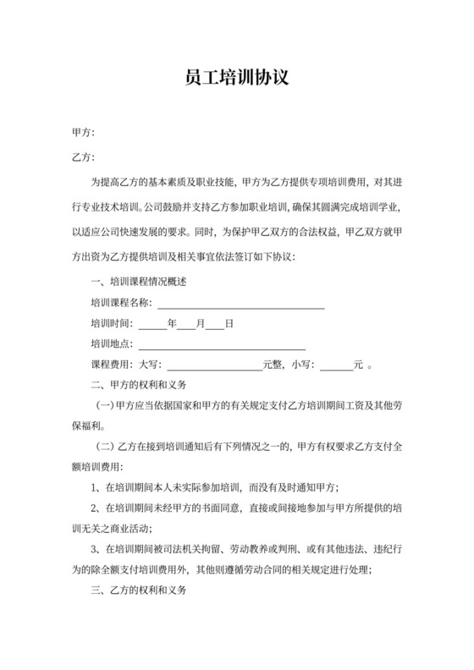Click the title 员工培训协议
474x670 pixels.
pos(237,79)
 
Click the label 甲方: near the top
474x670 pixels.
pos(84,133)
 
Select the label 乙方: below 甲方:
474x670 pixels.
pos(84,157)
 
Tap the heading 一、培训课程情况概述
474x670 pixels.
pos(138,282)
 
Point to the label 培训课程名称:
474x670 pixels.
pos(121,303)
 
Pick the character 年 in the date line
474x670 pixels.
pos(172,323)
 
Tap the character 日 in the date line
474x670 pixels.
pos(229,323)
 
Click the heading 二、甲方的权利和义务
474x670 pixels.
pos(138,386)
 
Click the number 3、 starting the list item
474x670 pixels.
pos(96,550)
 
